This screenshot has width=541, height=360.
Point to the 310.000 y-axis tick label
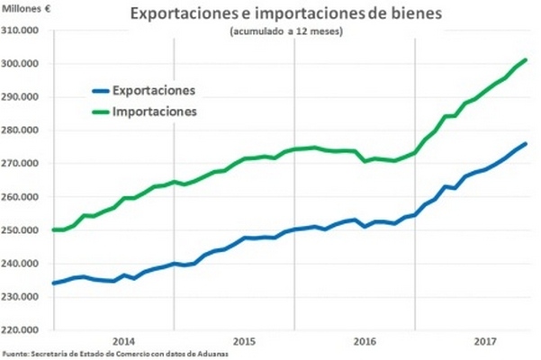pyautogui.click(x=26, y=31)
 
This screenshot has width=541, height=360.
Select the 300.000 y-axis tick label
pyautogui.click(x=26, y=64)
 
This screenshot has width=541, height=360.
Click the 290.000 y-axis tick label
pyautogui.click(x=26, y=97)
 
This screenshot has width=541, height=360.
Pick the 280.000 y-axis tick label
pyautogui.click(x=26, y=130)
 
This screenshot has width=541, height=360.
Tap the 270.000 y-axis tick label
pyautogui.click(x=26, y=164)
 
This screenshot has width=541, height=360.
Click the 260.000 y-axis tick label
pyautogui.click(x=26, y=197)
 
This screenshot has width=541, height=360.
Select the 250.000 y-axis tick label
pyautogui.click(x=26, y=230)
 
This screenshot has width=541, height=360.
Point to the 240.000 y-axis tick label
pyautogui.click(x=26, y=264)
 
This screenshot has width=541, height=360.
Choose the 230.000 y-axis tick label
pyautogui.click(x=26, y=297)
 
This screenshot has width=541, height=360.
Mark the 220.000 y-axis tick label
pyautogui.click(x=26, y=330)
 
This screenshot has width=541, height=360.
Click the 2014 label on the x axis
pyautogui.click(x=124, y=341)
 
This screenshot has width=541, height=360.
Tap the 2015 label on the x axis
pyautogui.click(x=245, y=341)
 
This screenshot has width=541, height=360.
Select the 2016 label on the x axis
pyautogui.click(x=365, y=341)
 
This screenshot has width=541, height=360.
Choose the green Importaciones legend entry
pyautogui.click(x=155, y=112)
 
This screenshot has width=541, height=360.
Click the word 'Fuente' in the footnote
pyautogui.click(x=15, y=354)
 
